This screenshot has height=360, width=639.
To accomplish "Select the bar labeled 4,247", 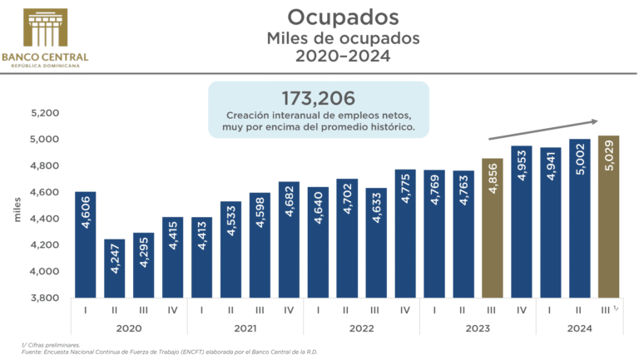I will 115,268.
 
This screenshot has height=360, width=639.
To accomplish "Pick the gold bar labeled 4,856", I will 492,227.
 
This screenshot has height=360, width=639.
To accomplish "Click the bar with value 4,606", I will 86,244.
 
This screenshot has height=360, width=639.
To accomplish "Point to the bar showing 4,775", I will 404,233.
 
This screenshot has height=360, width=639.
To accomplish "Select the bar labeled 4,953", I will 521,221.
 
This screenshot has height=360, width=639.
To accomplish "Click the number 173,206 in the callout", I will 318,96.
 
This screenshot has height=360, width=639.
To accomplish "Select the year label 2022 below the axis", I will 360,328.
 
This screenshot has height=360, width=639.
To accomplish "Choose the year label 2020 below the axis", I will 129,328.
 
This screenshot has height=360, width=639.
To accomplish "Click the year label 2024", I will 579,328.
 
